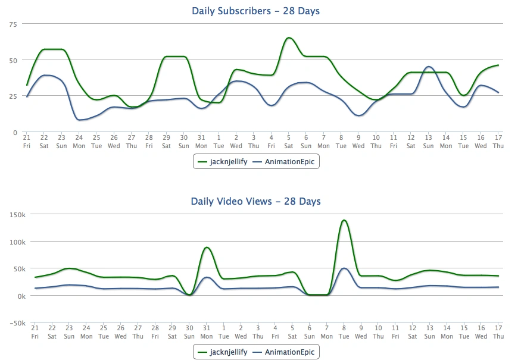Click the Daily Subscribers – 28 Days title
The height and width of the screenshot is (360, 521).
[x=260, y=11]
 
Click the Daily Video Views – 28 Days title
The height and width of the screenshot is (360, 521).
[x=255, y=201]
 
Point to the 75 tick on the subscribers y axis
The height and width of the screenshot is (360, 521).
[x=13, y=24]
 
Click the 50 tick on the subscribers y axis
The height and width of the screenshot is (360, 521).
[x=13, y=60]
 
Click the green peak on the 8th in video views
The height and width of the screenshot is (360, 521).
[x=344, y=220]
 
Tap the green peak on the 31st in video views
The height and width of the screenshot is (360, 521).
[x=207, y=248]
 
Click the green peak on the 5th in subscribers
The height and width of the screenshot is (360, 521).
[x=289, y=38]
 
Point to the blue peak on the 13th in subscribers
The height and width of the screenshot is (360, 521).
[x=429, y=67]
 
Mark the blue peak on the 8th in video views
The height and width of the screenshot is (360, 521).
[x=344, y=268]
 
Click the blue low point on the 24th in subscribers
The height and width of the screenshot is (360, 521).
[x=79, y=120]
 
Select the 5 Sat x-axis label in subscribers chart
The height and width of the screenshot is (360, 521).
[x=289, y=142]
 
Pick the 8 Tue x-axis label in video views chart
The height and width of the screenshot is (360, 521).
[x=344, y=332]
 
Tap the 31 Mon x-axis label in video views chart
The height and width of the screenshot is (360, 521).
[x=207, y=332]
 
